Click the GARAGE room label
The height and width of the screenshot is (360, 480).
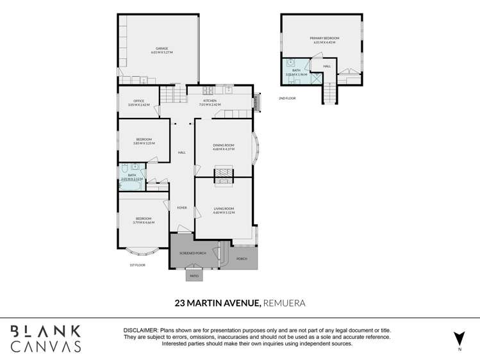[161, 48]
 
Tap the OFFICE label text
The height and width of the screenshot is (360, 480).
[138, 101]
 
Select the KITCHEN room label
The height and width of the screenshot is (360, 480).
[210, 101]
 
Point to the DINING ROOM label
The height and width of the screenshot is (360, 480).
[224, 145]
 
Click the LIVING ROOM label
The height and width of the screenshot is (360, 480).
[224, 208]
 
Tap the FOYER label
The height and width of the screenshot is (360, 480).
[182, 208]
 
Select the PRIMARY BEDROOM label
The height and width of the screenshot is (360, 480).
[324, 38]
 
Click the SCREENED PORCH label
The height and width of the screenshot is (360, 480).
[192, 254]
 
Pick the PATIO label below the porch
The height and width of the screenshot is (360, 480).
[194, 276]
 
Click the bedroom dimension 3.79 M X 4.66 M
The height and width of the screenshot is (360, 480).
[144, 222]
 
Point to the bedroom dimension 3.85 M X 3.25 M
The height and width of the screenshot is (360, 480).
[144, 143]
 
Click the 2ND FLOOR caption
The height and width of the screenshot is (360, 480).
[287, 98]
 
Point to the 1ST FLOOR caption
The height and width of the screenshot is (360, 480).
[138, 265]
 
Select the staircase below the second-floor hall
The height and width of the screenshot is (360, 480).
[329, 94]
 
